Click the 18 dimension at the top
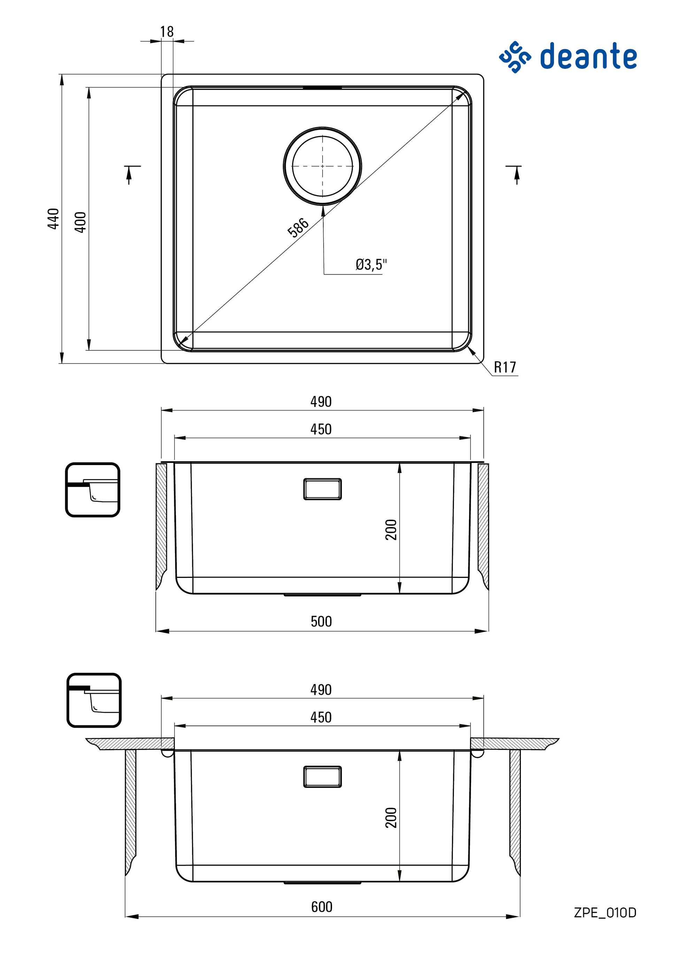[167, 32]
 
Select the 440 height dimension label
[53, 219]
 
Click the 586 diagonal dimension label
[298, 227]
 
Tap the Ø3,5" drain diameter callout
[371, 265]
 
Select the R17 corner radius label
[505, 367]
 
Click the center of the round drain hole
[322, 166]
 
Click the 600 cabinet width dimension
[322, 907]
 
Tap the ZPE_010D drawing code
[604, 912]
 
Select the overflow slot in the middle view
[322, 489]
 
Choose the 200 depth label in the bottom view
[391, 817]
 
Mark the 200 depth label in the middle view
[391, 529]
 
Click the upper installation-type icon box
[93, 490]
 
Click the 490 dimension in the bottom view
[321, 690]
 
